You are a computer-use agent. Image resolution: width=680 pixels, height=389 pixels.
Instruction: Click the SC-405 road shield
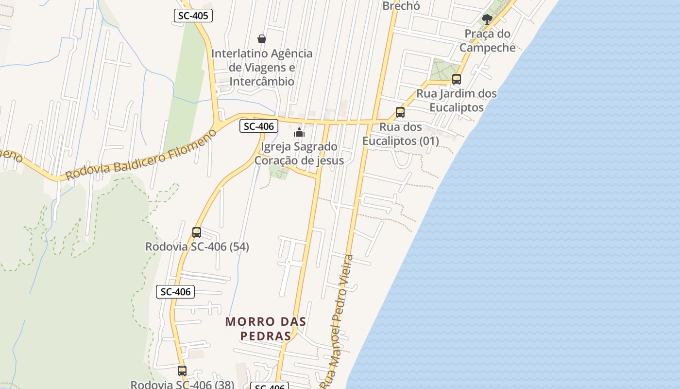click(193, 16)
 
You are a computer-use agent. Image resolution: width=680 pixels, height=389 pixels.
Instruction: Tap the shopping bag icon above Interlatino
click(261, 39)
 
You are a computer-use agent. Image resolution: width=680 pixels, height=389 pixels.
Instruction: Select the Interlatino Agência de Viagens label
click(262, 67)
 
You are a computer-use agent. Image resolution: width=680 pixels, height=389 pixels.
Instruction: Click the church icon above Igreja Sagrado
click(299, 132)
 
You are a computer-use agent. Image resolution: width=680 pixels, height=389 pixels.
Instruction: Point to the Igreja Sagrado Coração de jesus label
click(299, 153)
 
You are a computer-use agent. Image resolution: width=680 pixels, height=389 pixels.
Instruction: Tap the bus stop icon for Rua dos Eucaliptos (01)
click(400, 112)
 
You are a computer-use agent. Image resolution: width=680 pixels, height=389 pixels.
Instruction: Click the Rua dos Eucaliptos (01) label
click(400, 134)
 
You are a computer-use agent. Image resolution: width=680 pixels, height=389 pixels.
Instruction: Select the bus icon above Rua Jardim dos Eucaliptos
click(456, 79)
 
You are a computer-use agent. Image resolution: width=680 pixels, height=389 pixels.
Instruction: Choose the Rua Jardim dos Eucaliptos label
click(457, 100)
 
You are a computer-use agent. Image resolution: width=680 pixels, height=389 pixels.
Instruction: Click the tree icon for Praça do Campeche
click(487, 19)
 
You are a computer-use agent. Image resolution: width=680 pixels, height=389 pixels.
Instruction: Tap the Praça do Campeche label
click(487, 40)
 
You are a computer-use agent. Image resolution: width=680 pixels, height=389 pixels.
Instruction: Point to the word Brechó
click(401, 6)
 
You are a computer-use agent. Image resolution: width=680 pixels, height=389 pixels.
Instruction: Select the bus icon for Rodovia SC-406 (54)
click(196, 232)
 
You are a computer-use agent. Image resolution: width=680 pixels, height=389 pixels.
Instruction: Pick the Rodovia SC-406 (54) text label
click(197, 247)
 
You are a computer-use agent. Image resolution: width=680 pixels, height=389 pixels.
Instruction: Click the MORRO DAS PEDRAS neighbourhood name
click(266, 328)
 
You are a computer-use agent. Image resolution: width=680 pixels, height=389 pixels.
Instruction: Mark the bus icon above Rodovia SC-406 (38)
click(182, 371)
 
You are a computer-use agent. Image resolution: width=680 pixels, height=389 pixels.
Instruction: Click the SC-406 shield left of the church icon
click(259, 126)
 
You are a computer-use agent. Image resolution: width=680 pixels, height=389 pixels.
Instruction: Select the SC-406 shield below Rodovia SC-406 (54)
click(175, 292)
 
